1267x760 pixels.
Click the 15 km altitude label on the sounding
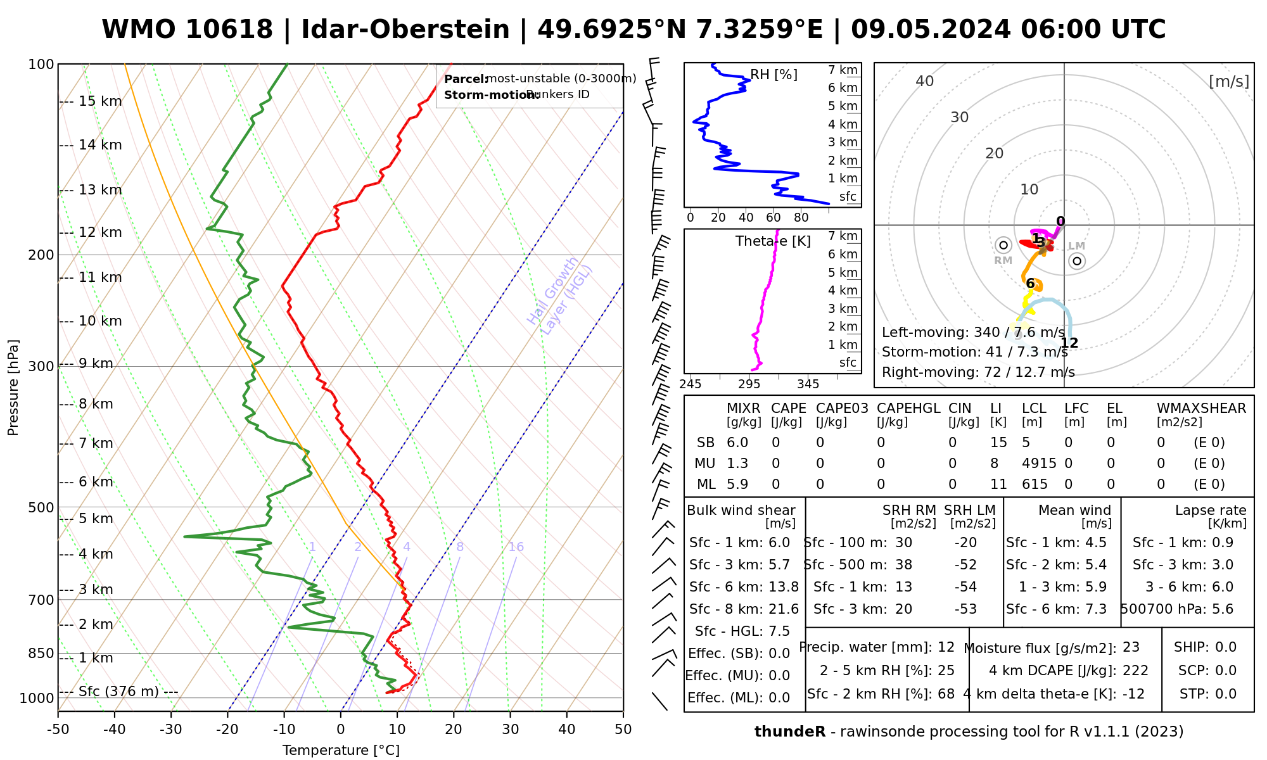(99, 101)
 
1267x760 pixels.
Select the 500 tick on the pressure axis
(42, 507)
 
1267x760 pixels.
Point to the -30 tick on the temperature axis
(171, 730)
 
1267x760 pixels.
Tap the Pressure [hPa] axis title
(13, 388)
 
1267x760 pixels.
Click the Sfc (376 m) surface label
(118, 691)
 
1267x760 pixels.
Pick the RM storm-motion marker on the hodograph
(1003, 245)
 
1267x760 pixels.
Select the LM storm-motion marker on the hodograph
(1077, 260)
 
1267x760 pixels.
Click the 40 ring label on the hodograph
(925, 81)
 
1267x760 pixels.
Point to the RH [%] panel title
(774, 75)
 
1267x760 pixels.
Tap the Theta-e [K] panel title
(773, 241)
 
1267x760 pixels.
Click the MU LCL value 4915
(1039, 464)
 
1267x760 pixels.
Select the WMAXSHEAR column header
(1201, 408)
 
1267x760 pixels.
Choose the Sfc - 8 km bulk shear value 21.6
(784, 609)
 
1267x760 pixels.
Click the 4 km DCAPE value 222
(1135, 671)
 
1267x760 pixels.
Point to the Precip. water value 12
(946, 647)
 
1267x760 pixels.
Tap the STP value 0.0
(1226, 694)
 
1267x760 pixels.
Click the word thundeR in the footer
(790, 732)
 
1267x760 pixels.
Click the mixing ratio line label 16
(516, 547)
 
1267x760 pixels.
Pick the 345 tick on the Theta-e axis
(808, 384)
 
